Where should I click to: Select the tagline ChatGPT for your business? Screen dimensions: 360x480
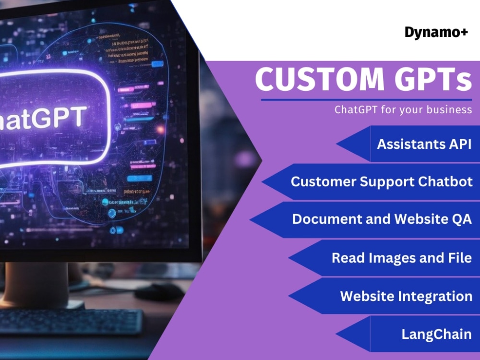click(x=403, y=109)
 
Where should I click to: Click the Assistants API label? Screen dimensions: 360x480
click(x=424, y=144)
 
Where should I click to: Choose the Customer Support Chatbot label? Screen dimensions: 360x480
click(x=382, y=181)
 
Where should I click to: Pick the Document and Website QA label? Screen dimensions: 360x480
click(x=382, y=219)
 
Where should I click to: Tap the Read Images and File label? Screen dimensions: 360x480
click(x=401, y=257)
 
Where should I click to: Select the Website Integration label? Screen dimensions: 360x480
click(x=406, y=296)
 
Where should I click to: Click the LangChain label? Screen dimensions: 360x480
click(x=436, y=334)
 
